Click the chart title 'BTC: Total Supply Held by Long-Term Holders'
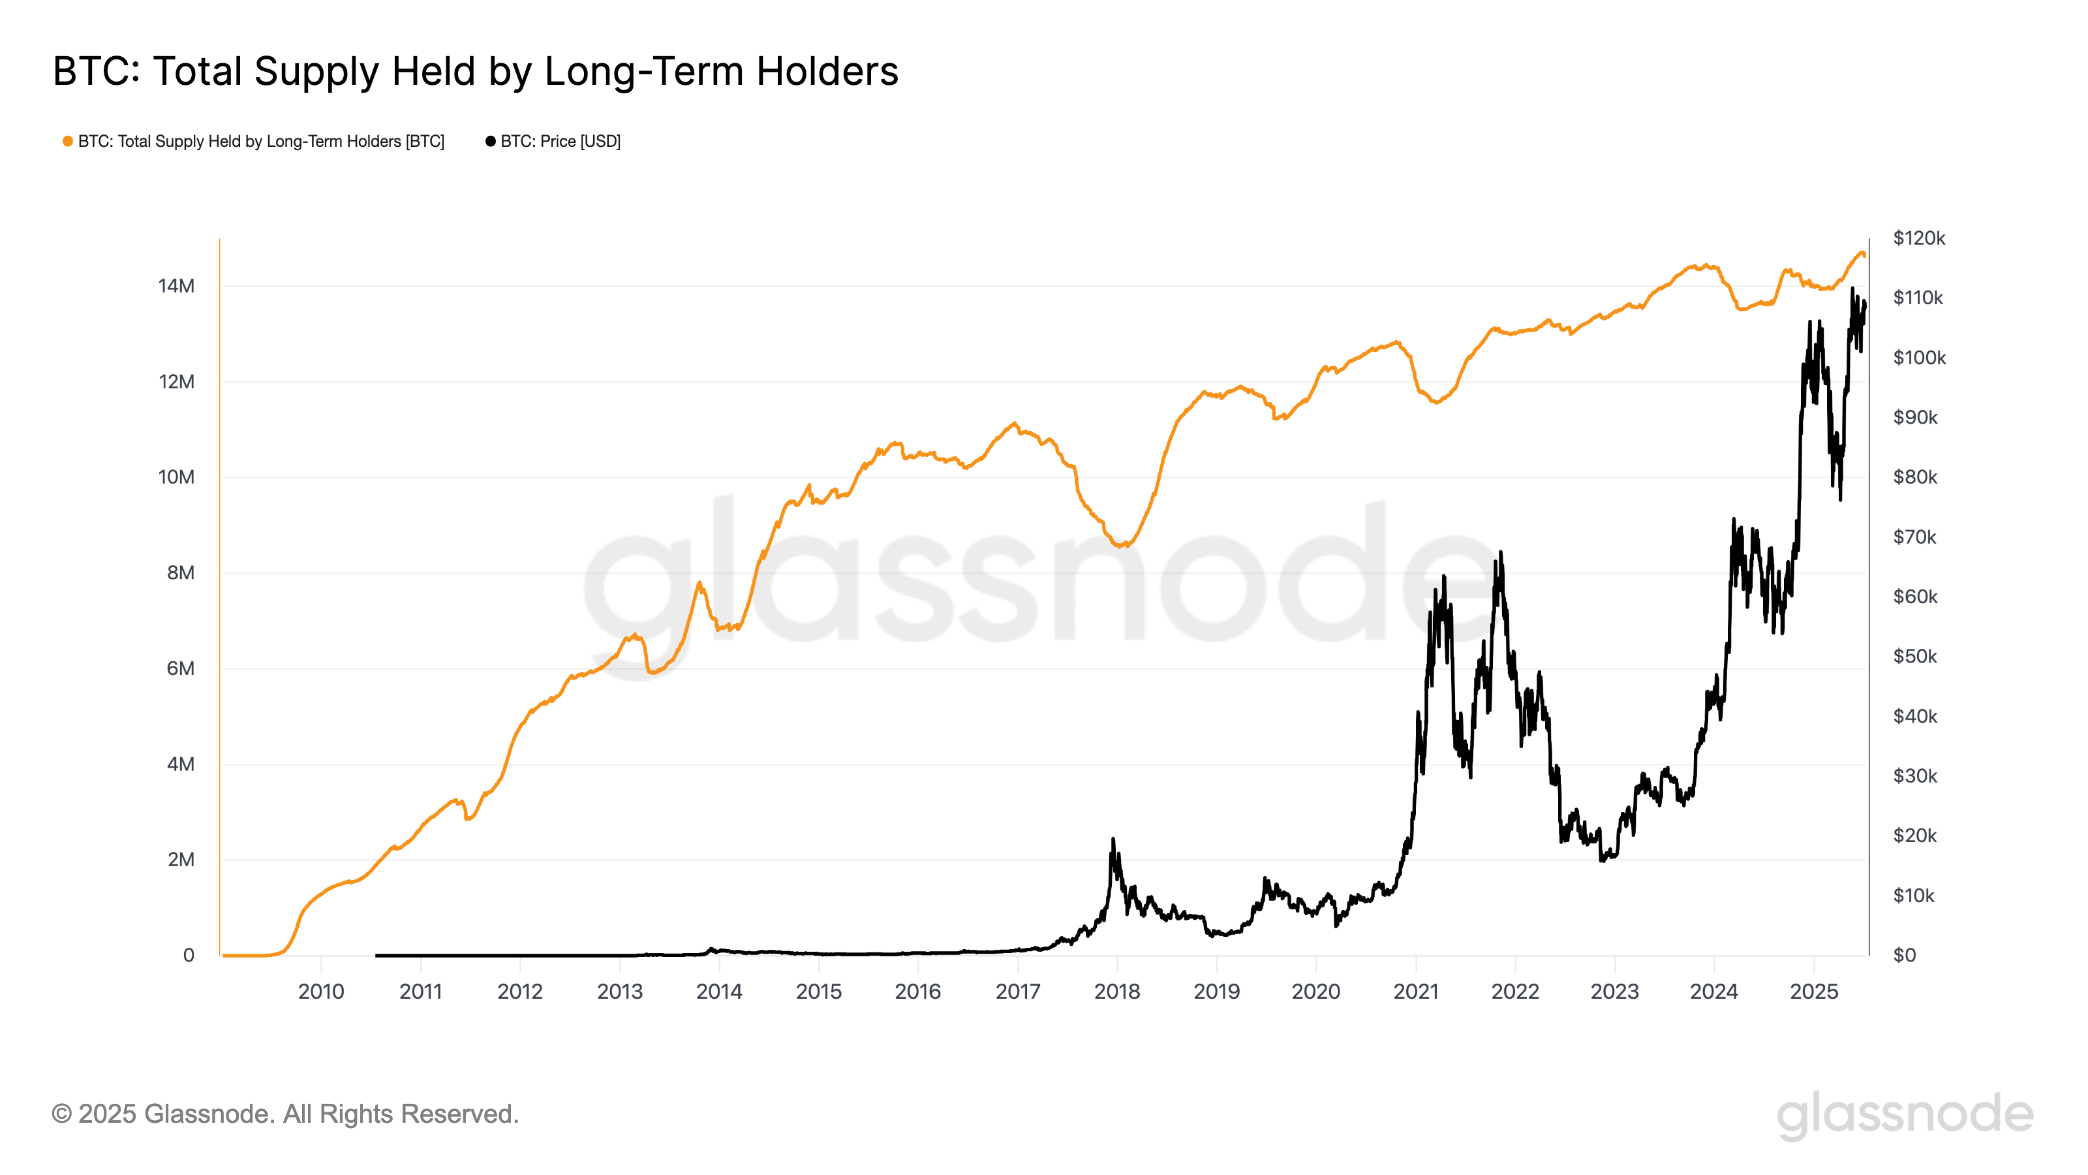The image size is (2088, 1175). coord(475,71)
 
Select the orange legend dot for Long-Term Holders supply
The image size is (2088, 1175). coord(68,141)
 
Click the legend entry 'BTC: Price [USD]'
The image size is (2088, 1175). coord(559,141)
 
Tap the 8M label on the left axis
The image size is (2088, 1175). coord(180,572)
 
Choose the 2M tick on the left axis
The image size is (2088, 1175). coord(180,860)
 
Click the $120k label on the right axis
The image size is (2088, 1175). coord(1918,238)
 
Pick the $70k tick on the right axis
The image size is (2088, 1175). coord(1914,537)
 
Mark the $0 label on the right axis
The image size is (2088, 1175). coord(1904,955)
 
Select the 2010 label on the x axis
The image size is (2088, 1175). coord(321,991)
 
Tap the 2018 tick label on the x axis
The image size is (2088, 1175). coord(1117,991)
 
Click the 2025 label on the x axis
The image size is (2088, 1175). coord(1813,991)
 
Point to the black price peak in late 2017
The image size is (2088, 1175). coord(1113,840)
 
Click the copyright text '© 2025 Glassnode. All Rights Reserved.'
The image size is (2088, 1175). coord(284,1114)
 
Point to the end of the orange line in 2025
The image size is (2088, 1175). coord(1864,255)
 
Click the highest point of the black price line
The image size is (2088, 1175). coord(1852,288)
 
